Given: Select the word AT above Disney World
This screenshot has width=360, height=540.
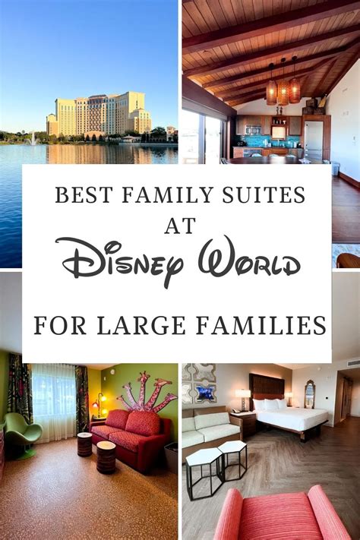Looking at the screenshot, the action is click(x=180, y=226).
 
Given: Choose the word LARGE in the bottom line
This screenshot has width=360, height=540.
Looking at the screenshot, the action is click(x=141, y=326).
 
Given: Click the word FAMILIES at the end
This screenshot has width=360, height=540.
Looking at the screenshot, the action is click(x=261, y=326).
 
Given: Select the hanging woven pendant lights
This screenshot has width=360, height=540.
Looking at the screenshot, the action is click(x=283, y=84).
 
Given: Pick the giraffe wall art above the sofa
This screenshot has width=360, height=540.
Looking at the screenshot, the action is click(x=147, y=391).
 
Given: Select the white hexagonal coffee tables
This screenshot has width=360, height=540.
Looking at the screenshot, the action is click(x=216, y=469).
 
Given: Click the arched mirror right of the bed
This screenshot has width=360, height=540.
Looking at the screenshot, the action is click(x=310, y=394).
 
